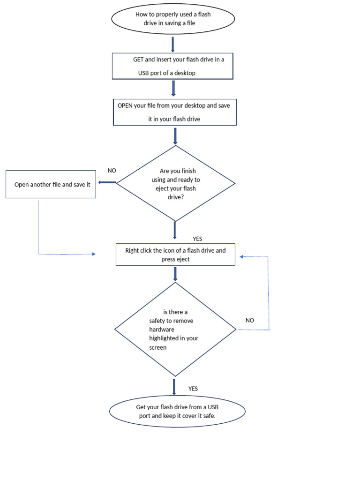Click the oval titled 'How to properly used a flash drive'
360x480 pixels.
point(172,19)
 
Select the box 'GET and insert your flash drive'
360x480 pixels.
point(172,66)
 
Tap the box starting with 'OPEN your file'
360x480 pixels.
point(174,112)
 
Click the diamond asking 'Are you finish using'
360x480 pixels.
point(175,183)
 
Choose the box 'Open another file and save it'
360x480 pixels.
point(51,184)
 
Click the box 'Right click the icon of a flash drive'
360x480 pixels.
point(175,255)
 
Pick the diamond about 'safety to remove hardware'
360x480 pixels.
point(175,330)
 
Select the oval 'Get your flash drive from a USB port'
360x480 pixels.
point(177,411)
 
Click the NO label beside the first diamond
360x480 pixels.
point(112,171)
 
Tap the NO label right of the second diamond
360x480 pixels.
point(250,320)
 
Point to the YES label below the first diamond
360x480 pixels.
point(197,239)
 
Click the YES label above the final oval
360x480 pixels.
point(193,389)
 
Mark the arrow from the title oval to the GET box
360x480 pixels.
point(173,44)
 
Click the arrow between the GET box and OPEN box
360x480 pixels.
point(173,88)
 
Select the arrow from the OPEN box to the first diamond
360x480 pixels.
point(175,135)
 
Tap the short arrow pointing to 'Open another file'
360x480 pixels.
point(107,182)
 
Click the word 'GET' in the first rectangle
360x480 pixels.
point(139,60)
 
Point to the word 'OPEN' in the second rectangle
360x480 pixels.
point(125,105)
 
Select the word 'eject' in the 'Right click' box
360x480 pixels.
point(182,259)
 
